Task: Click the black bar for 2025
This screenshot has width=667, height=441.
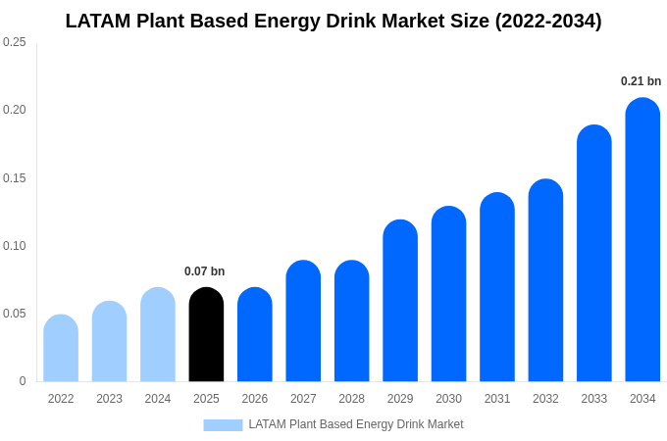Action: coord(206,335)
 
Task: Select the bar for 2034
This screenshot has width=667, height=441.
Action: coord(642,240)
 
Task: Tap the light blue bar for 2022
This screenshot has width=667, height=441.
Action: coord(61,349)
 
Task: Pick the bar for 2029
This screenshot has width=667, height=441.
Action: coord(400,301)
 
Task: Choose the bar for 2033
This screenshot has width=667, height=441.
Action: coord(593,254)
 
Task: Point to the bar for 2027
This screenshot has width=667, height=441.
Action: coord(303,321)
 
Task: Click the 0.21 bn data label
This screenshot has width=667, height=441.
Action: coord(641,81)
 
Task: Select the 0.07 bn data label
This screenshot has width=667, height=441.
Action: coord(204,271)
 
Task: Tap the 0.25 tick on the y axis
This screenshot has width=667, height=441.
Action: coord(15,42)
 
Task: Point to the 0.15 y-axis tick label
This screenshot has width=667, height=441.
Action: coord(15,177)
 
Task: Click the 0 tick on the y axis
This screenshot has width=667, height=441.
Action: coord(23,381)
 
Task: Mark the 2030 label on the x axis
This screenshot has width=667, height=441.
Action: coord(448,399)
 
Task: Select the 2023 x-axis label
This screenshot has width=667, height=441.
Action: coord(109,399)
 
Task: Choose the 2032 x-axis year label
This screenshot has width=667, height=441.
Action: coord(545,399)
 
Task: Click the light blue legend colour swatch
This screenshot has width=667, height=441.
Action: coord(223,425)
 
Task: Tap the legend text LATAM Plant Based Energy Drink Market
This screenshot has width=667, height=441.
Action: coord(355,424)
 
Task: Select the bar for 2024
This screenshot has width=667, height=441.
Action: coord(158,335)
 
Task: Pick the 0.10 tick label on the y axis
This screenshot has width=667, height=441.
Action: coord(15,245)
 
